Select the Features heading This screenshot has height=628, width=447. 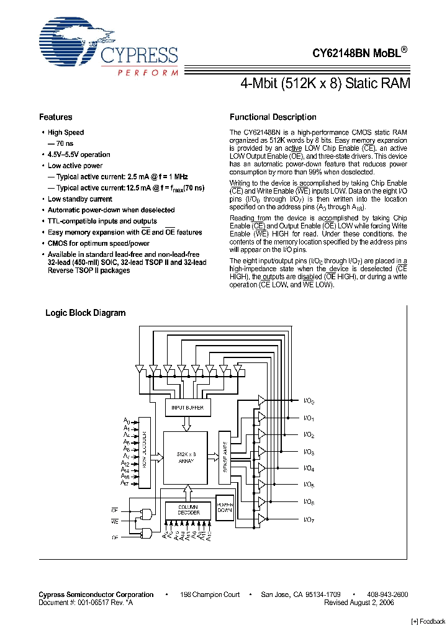coord(55,117)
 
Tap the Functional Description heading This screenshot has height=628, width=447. coord(273,117)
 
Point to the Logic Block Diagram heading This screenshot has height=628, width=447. coord(85,313)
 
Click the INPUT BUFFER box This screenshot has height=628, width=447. coord(188,408)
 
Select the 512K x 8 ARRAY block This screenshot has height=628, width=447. coord(184,458)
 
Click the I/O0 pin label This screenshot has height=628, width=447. coord(309,401)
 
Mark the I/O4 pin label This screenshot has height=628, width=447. coord(309,469)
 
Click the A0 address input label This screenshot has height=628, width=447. coord(126,422)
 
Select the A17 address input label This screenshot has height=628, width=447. coord(125,483)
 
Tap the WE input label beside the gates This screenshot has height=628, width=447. coord(115,522)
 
